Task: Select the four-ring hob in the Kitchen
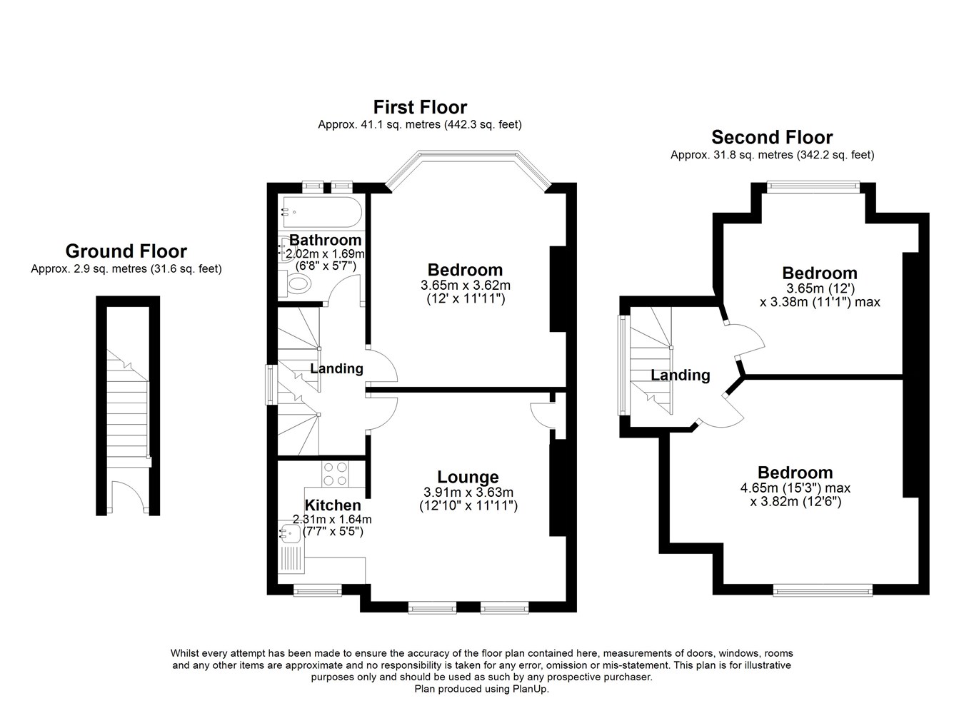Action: pos(335,474)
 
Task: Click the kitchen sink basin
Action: pos(290,534)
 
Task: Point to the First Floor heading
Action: pos(420,107)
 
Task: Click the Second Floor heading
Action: pos(772,137)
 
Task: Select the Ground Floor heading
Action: pos(126,251)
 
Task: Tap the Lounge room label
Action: pos(468,477)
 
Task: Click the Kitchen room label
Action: pos(333,505)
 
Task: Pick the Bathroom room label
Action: pos(326,240)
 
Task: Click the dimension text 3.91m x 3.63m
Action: pos(468,492)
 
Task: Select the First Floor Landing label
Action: pos(336,368)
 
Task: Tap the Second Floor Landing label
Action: pos(680,375)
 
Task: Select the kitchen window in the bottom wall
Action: pos(318,590)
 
